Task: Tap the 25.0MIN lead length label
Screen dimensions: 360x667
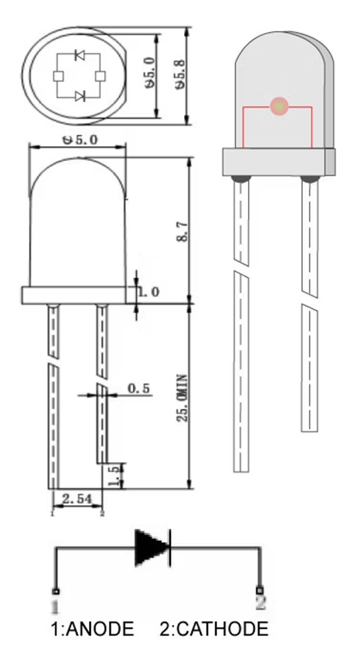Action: (x=182, y=398)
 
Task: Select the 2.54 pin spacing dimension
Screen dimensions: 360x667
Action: (x=77, y=499)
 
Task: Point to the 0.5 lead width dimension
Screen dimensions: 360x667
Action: (x=139, y=388)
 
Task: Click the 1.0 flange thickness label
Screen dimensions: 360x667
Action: (x=149, y=292)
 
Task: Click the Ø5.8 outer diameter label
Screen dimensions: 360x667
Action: (x=180, y=74)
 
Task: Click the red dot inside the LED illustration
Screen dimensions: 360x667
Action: (x=279, y=107)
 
